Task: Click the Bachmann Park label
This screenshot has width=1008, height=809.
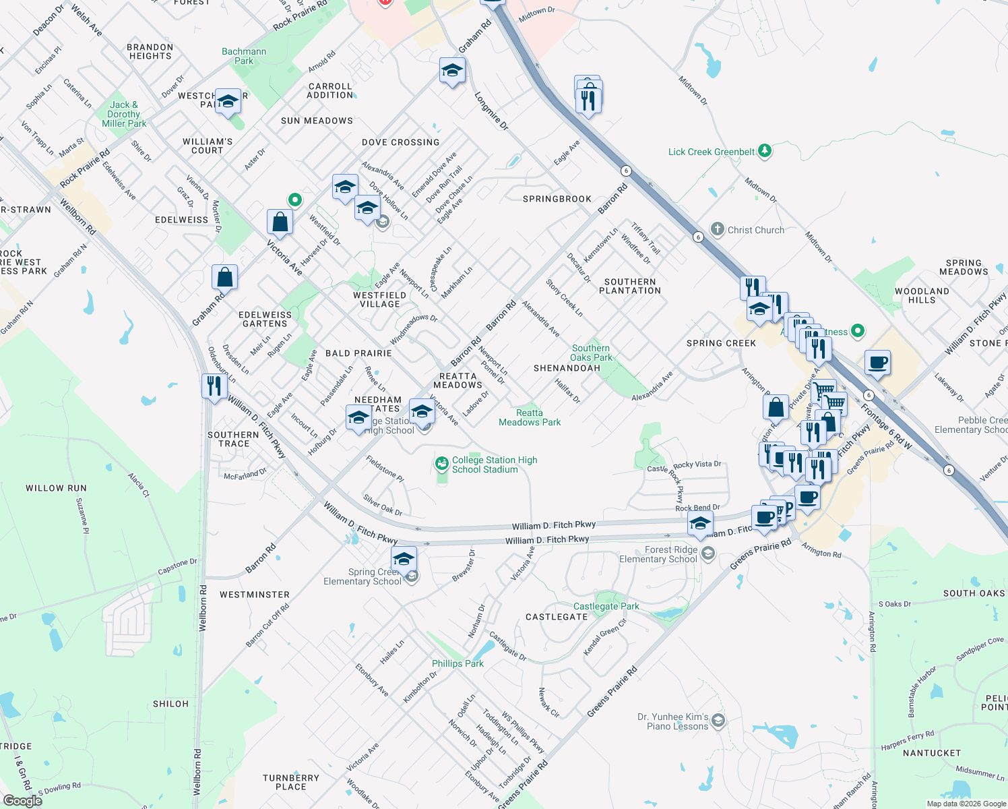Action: click(x=244, y=56)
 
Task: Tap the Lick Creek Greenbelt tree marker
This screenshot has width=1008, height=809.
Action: click(x=764, y=151)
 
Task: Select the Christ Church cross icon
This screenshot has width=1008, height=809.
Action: click(x=718, y=229)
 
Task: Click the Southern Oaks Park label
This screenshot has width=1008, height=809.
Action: click(x=591, y=353)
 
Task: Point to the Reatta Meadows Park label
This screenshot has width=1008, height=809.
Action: click(x=530, y=417)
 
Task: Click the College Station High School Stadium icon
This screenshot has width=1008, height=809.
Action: click(x=442, y=464)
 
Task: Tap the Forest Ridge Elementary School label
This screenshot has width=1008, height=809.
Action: click(x=658, y=554)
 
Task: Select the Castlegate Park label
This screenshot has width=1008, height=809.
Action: click(x=606, y=606)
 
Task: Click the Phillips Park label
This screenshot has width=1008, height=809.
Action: click(x=458, y=663)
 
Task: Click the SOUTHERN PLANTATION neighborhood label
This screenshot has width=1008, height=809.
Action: click(x=630, y=286)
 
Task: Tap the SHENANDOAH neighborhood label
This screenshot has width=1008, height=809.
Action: click(x=567, y=368)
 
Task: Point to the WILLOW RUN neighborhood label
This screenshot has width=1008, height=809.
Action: click(x=57, y=488)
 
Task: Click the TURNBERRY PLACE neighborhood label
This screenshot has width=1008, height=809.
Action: click(x=291, y=782)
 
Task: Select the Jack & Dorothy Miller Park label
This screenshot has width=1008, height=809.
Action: click(x=124, y=114)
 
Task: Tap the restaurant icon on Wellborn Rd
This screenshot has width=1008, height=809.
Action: click(x=214, y=386)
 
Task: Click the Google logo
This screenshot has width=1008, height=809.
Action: click(x=22, y=800)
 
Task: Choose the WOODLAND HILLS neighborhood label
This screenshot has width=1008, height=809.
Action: click(x=922, y=295)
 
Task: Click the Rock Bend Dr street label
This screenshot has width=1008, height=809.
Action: click(x=697, y=508)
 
